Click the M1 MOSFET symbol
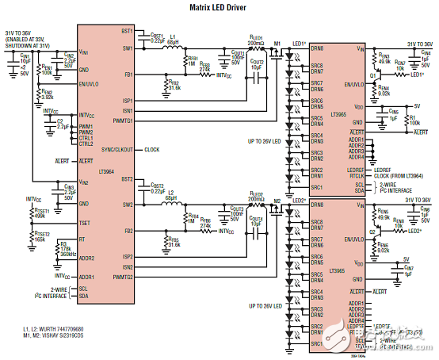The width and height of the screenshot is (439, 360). (x=277, y=52)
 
